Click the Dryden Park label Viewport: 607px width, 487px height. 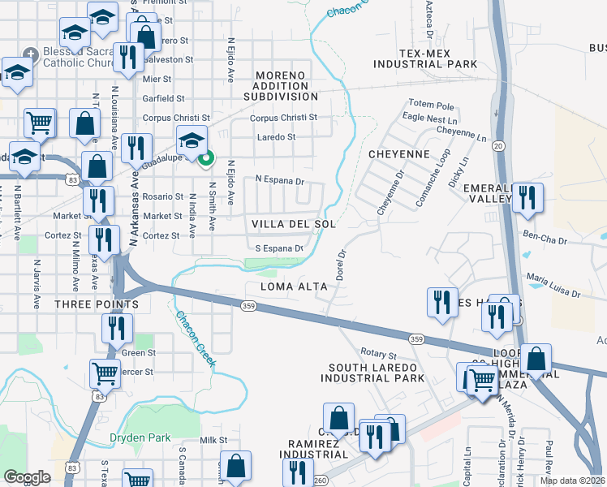tap(140, 437)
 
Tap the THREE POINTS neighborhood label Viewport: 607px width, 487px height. tap(96, 304)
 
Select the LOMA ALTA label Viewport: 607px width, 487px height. tap(293, 287)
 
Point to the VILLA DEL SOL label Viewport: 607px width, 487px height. tap(293, 223)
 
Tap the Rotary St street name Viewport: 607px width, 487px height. tap(378, 356)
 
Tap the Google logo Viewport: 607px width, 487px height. tap(27, 477)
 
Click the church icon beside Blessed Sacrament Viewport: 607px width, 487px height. tap(30, 54)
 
